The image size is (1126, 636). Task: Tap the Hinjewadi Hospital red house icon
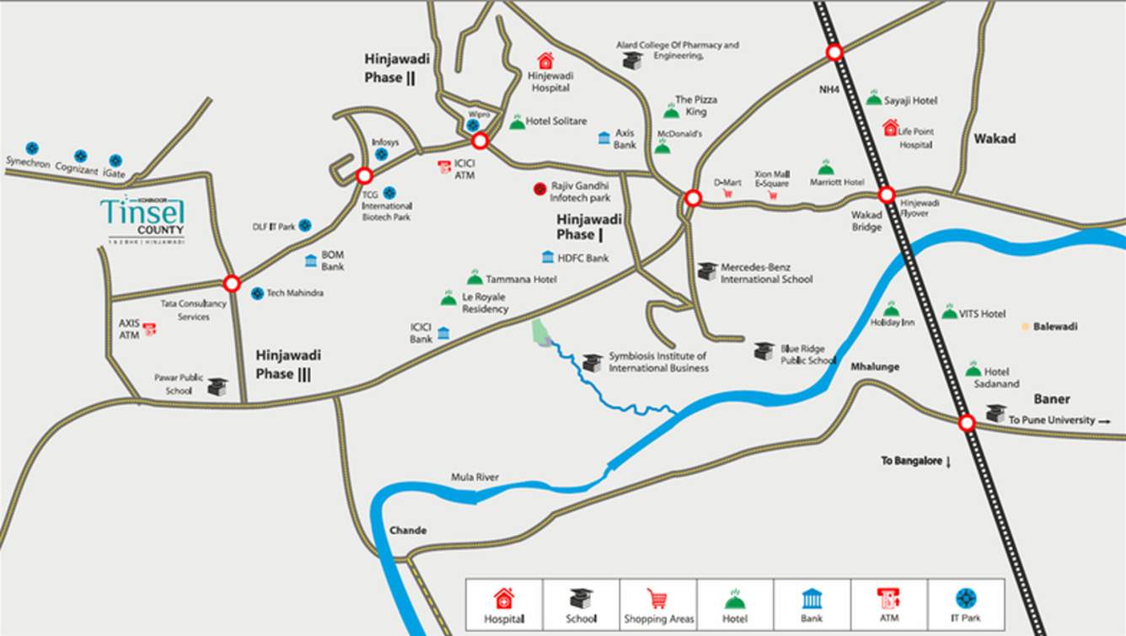[x=545, y=61]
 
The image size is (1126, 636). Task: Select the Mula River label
[x=475, y=478]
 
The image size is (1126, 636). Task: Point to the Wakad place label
[x=995, y=139]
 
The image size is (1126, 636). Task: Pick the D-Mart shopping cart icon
[x=727, y=194]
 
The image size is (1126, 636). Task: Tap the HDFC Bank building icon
[x=548, y=258]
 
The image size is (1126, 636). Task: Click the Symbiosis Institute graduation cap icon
[x=592, y=362]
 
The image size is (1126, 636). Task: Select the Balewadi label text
[x=1055, y=327]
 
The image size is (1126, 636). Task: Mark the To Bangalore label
[x=915, y=461]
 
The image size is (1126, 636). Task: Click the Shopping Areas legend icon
[x=658, y=599]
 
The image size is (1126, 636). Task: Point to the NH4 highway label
[x=830, y=88]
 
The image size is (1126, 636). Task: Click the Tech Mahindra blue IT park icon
[x=257, y=293]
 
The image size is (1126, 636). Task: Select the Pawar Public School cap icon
[x=217, y=386]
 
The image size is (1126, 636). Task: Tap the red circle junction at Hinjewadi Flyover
[x=887, y=195]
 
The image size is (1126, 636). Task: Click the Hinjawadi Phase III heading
[x=288, y=365]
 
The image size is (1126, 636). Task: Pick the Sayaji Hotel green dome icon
[x=874, y=99]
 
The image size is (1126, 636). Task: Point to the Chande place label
[x=408, y=531]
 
